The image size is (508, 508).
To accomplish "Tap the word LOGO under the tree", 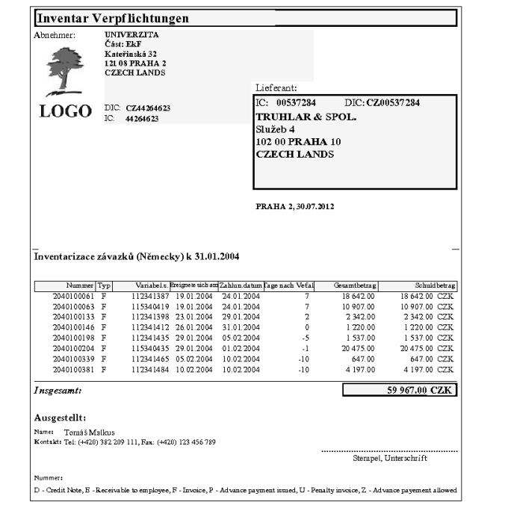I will click(x=65, y=112).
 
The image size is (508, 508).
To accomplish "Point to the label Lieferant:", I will click(x=277, y=87).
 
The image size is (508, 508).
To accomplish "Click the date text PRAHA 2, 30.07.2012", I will click(x=295, y=206).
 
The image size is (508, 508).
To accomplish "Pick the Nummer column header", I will click(x=80, y=285).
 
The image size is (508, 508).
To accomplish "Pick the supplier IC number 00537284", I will click(x=297, y=101).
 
